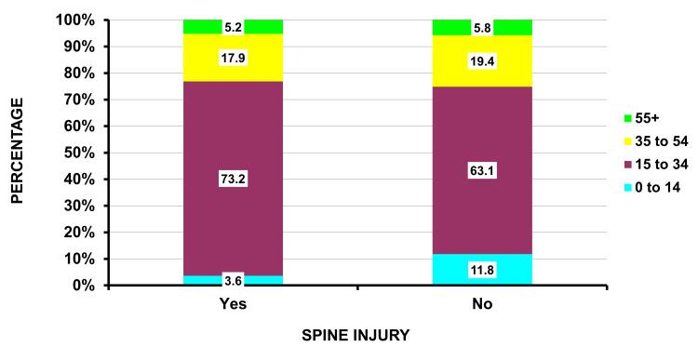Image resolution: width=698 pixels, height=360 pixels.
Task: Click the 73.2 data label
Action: (x=234, y=180)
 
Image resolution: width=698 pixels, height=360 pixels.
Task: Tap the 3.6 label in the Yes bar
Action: (x=234, y=280)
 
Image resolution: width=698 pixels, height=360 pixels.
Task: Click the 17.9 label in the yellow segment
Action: (x=234, y=58)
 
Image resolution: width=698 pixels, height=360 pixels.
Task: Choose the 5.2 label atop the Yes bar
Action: (x=234, y=27)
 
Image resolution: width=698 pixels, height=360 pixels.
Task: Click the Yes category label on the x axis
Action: (x=234, y=304)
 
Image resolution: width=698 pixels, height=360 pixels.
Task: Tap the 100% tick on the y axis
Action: (x=79, y=20)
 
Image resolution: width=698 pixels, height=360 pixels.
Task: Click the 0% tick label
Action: (x=87, y=286)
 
